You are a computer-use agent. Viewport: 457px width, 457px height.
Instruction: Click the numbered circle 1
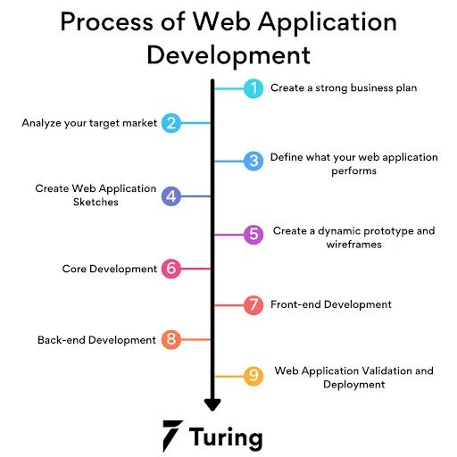(253, 88)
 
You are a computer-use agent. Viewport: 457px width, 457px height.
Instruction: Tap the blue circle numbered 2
(171, 123)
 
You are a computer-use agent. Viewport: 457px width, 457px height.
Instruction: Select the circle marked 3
(253, 161)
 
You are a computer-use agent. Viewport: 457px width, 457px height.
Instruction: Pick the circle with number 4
(171, 196)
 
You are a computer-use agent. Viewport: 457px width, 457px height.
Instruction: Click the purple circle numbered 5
(253, 234)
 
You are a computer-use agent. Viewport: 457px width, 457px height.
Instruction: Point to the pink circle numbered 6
(171, 269)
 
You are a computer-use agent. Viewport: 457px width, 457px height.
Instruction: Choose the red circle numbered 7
(253, 304)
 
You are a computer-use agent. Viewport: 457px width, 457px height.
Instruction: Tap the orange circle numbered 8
(171, 339)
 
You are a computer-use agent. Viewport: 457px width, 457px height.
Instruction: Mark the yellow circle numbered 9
(253, 376)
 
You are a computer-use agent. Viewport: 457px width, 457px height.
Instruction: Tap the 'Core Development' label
(109, 269)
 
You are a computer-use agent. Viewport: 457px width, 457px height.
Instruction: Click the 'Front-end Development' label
(330, 304)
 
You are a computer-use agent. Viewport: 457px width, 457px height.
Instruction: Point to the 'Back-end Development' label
(96, 339)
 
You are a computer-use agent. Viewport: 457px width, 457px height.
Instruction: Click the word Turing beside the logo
(227, 437)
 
